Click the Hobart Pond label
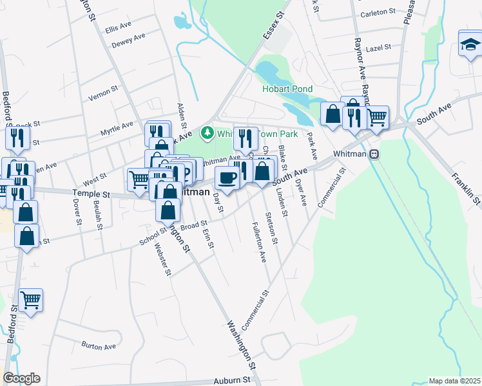coord(287,89)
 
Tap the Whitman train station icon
coord(374,154)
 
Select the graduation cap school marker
coord(470,44)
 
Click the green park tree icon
coord(207,134)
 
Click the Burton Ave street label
coord(99,345)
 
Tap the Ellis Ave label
coord(118,29)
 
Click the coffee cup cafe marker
coord(226,178)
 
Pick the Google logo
coord(21,378)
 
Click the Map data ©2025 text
coord(454,381)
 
